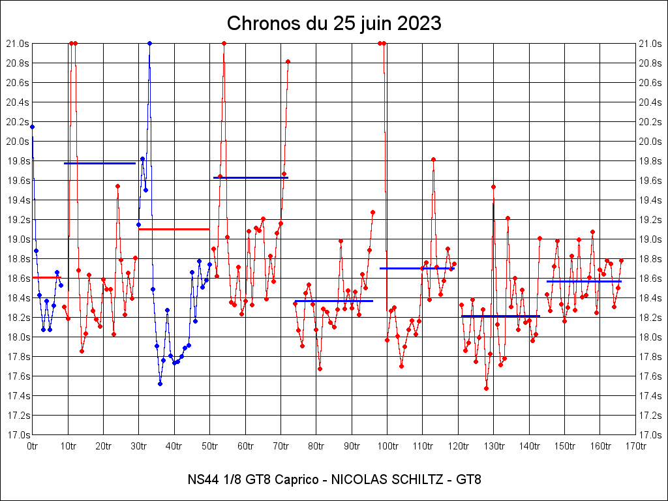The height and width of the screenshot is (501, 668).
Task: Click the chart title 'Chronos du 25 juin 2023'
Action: click(334, 23)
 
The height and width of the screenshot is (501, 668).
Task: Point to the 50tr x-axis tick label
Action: click(210, 446)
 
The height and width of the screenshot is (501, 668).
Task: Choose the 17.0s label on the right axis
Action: click(650, 435)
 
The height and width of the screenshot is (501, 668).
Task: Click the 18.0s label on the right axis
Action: click(650, 337)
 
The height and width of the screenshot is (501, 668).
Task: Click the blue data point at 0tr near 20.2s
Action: click(33, 127)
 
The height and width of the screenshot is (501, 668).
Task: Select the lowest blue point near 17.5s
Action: click(160, 384)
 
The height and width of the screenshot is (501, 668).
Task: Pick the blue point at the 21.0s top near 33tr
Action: click(149, 43)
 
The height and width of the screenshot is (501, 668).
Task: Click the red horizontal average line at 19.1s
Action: click(174, 229)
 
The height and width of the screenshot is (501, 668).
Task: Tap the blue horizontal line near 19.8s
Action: click(99, 163)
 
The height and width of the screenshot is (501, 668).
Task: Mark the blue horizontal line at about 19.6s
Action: click(250, 177)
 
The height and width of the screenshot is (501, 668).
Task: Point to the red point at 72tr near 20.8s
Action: click(288, 61)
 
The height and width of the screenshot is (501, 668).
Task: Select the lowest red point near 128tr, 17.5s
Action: click(486, 388)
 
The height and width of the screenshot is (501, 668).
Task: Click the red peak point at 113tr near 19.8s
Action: click(433, 159)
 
